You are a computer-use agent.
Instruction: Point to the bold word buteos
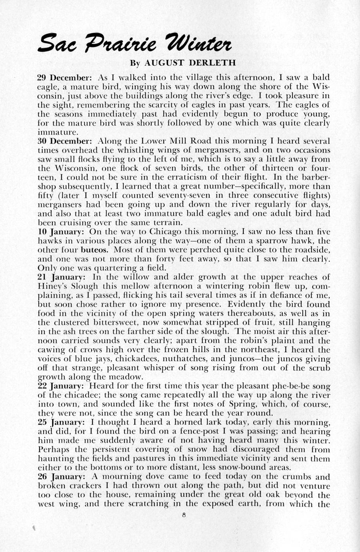(x=94, y=250)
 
